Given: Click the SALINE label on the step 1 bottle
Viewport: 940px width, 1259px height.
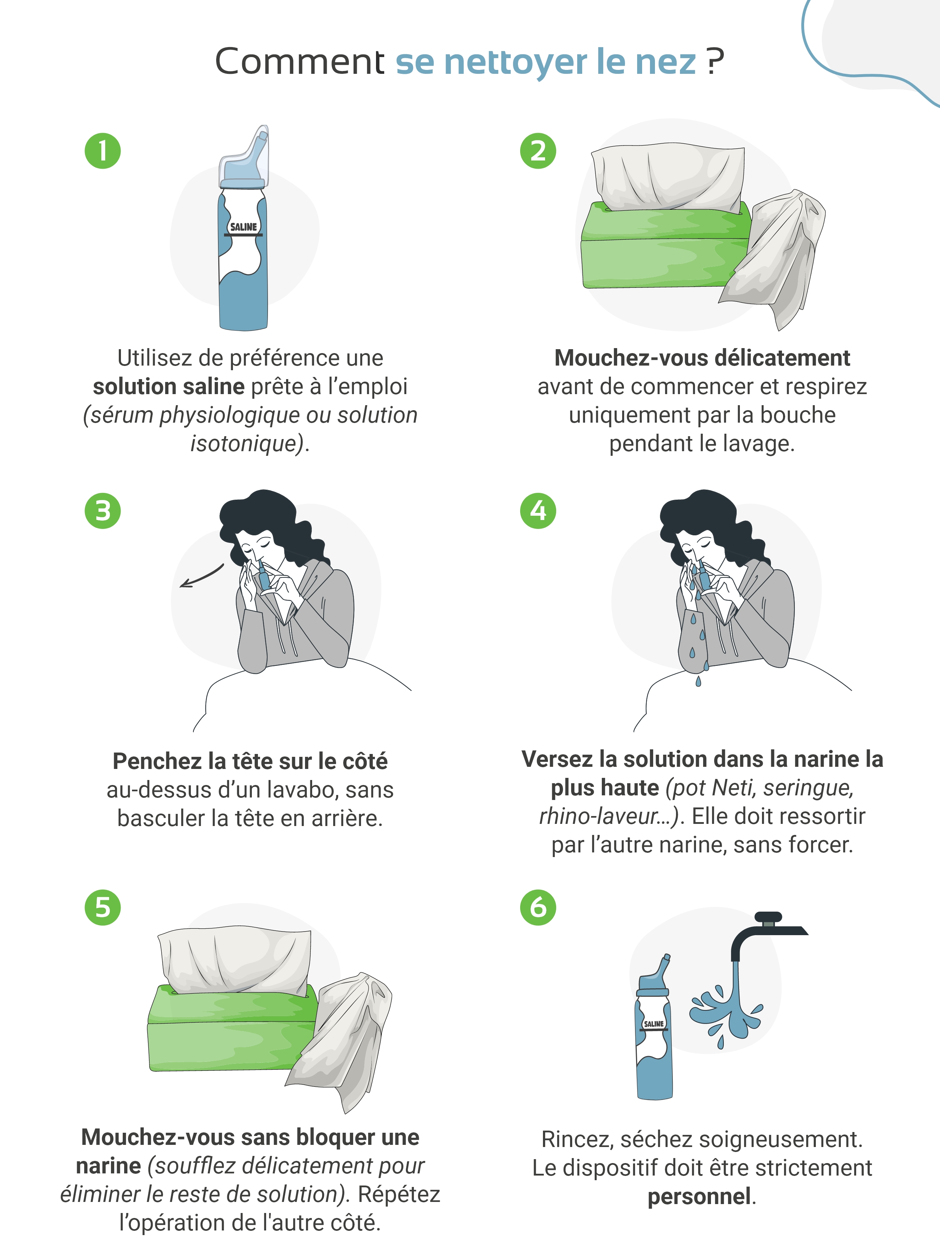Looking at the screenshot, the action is (244, 227).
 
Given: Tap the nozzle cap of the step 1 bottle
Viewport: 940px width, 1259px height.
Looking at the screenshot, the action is (245, 157).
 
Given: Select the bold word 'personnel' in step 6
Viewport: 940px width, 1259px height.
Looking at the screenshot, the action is (699, 1197).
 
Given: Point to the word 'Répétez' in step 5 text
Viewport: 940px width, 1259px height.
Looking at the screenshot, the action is (399, 1194).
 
